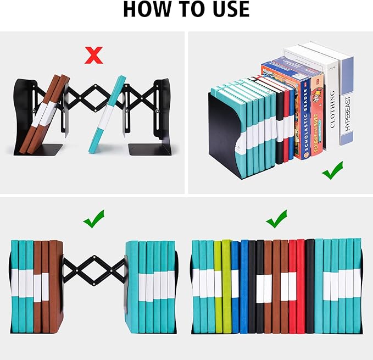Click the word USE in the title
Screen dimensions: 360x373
pos(228,10)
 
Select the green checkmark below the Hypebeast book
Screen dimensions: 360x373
pos(333,170)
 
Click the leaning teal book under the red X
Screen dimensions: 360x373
pos(108,115)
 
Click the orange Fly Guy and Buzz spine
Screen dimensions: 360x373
pos(317,118)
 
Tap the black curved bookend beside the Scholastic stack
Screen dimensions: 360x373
pos(224,137)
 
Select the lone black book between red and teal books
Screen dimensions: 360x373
pos(310,286)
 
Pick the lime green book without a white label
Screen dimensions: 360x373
pos(226,286)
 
